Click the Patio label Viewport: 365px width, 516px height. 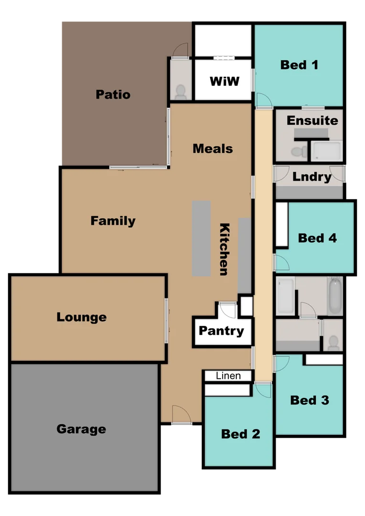[x=113, y=94]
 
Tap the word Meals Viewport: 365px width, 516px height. [x=213, y=149]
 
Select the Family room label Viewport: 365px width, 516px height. [x=113, y=221]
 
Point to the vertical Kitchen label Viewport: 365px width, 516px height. [x=224, y=249]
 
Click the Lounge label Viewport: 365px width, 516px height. [x=81, y=317]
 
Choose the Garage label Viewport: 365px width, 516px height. [x=81, y=429]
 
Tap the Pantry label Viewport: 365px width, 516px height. [x=221, y=331]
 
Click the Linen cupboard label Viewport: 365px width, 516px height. [x=228, y=376]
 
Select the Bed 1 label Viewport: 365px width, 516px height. [x=299, y=64]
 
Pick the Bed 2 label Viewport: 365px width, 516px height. [x=240, y=434]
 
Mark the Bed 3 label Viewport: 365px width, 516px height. [x=310, y=400]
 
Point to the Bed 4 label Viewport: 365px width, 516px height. [x=317, y=237]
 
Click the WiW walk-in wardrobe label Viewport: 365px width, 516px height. [x=224, y=81]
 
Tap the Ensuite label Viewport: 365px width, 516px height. [x=312, y=120]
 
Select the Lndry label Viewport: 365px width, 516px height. [x=312, y=177]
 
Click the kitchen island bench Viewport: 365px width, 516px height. [x=201, y=238]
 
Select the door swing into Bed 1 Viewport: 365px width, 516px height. [x=263, y=100]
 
